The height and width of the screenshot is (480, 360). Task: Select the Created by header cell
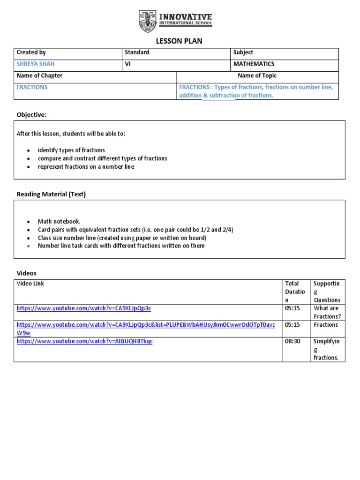pyautogui.click(x=31, y=52)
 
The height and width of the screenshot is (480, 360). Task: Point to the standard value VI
pyautogui.click(x=127, y=64)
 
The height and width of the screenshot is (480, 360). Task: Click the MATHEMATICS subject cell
pyautogui.click(x=254, y=64)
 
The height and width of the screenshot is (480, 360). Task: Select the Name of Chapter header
pyautogui.click(x=39, y=75)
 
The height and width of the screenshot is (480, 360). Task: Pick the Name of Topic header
pyautogui.click(x=257, y=75)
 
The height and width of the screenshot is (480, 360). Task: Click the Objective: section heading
pyautogui.click(x=31, y=115)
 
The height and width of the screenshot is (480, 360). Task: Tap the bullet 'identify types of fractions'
pyautogui.click(x=71, y=150)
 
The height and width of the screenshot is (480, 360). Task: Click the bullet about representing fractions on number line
pyautogui.click(x=86, y=166)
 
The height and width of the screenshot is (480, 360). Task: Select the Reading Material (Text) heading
pyautogui.click(x=51, y=194)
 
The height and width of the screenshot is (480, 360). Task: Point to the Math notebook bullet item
pyautogui.click(x=59, y=221)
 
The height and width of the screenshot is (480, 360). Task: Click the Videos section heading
pyautogui.click(x=26, y=273)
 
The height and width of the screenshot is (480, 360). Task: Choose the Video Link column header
pyautogui.click(x=30, y=284)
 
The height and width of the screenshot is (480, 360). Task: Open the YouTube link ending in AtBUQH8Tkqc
pyautogui.click(x=84, y=341)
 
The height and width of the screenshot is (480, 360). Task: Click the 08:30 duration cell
pyautogui.click(x=292, y=341)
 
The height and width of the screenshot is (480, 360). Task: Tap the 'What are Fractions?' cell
pyautogui.click(x=327, y=312)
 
